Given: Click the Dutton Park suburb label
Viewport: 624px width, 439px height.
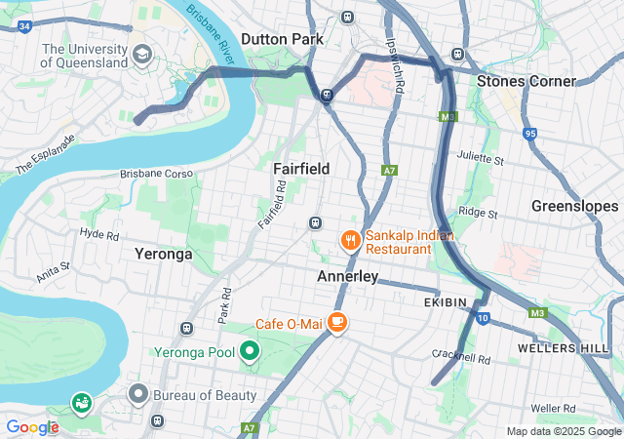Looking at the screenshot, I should click(x=281, y=39).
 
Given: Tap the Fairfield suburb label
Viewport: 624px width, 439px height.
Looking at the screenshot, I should click(x=301, y=169).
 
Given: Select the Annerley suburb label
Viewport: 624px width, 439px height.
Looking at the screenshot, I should click(x=347, y=277).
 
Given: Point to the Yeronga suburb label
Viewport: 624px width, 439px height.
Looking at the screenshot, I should click(x=163, y=254).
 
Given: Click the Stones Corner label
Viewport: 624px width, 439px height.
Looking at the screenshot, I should click(x=526, y=81).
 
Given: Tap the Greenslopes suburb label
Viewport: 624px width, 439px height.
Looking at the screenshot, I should click(x=574, y=206).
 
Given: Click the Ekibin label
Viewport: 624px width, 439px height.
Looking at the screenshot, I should click(x=448, y=303).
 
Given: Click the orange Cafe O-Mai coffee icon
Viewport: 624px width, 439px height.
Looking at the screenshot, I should click(x=337, y=322).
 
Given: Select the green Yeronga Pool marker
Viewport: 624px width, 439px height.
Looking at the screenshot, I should click(x=250, y=351).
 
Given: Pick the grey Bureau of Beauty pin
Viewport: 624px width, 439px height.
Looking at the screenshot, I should click(x=138, y=394).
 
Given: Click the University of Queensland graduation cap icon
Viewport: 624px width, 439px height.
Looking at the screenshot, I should click(x=142, y=54).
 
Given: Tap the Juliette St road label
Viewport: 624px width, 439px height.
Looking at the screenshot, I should click(x=481, y=158).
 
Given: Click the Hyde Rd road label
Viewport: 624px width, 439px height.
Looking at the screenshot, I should click(x=99, y=234).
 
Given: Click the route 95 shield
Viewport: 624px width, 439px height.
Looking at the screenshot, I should click(x=529, y=133).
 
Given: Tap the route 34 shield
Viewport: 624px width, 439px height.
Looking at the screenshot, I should click(x=24, y=25).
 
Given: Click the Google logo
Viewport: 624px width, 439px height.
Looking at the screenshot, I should click(x=32, y=426).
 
